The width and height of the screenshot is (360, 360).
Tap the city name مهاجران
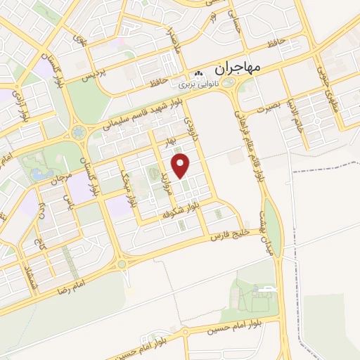pyautogui.click(x=235, y=68)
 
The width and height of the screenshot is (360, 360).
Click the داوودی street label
pyautogui.click(x=191, y=132)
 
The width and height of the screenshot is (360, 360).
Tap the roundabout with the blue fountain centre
pyautogui.click(x=77, y=131)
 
